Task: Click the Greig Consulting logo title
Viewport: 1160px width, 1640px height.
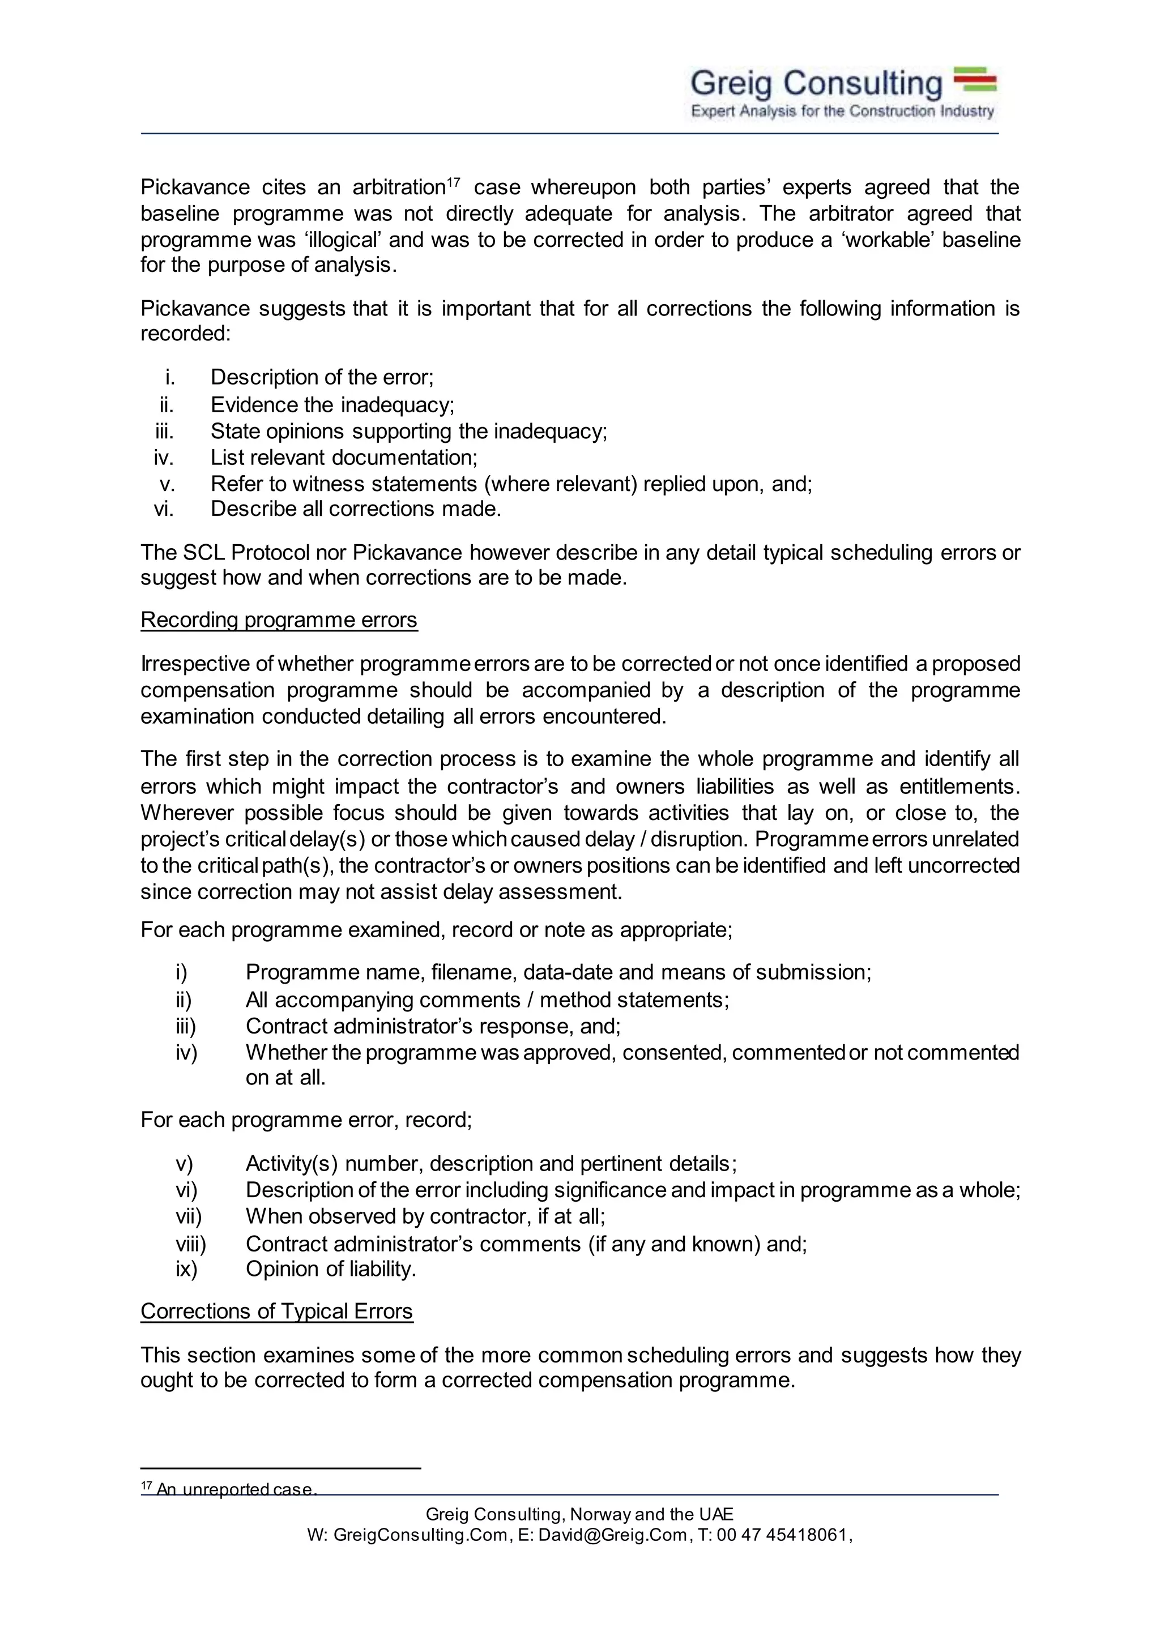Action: click(816, 84)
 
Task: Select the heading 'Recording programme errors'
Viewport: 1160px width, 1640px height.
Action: click(279, 620)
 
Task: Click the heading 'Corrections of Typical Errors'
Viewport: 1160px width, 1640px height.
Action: click(276, 1311)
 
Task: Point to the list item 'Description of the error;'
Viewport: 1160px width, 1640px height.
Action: click(322, 377)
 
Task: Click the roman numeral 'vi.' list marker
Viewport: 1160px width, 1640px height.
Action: click(164, 509)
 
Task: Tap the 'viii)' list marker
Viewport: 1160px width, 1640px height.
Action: click(191, 1244)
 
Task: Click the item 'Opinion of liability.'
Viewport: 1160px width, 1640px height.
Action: click(331, 1269)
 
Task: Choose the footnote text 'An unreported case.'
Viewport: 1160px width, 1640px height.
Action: click(236, 1489)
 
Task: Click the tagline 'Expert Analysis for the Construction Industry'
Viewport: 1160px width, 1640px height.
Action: click(842, 112)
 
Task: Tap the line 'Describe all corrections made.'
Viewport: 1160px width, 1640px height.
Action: click(356, 509)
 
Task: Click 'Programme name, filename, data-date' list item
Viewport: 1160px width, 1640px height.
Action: click(558, 972)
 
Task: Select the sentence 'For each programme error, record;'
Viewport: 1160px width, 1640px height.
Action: click(306, 1119)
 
